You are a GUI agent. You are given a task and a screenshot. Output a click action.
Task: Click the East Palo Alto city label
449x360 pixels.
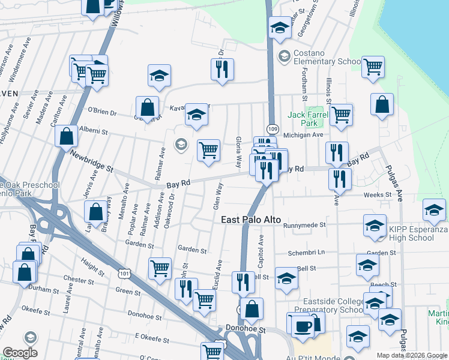pos(251,220)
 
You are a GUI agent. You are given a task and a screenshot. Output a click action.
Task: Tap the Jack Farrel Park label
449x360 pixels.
pos(303,119)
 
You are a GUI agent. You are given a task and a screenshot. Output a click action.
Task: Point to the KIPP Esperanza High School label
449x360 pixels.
pos(419,233)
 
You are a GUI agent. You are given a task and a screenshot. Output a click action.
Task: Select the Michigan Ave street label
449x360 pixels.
pos(303,136)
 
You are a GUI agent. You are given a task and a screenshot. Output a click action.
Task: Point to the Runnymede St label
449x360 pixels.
pos(304,225)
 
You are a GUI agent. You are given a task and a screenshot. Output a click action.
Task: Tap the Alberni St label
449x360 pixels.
pos(93,130)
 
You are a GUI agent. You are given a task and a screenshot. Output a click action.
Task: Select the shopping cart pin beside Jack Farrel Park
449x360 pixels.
pos(341,114)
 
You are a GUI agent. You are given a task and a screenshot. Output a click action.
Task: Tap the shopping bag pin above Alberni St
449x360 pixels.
pos(147,108)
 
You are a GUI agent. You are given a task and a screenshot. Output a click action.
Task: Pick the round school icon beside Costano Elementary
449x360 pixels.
pos(283,56)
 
